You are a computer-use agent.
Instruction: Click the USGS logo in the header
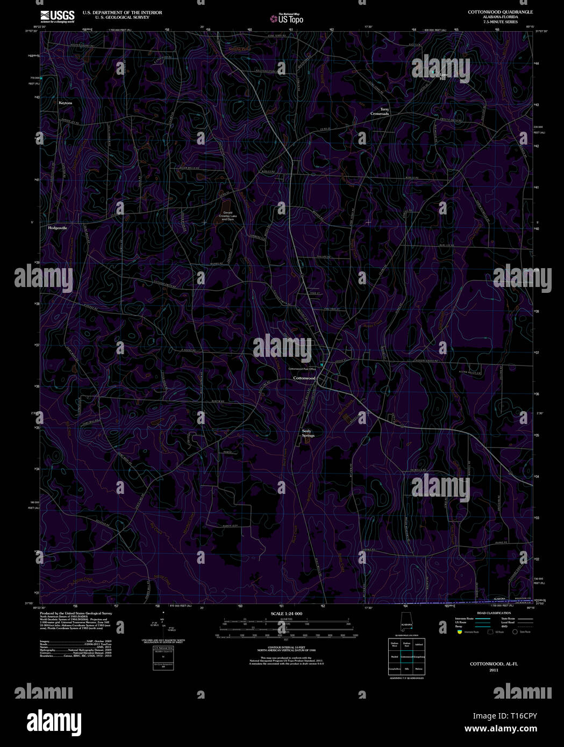(x=57, y=16)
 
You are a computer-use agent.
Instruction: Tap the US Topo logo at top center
(x=287, y=19)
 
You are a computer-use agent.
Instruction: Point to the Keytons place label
(x=65, y=103)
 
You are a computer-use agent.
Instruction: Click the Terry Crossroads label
(x=380, y=112)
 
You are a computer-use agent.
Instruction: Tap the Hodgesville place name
(x=58, y=228)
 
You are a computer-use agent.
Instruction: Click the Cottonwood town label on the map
(x=304, y=378)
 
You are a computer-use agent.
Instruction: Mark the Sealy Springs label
(x=307, y=433)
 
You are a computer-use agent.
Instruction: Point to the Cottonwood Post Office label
(x=302, y=369)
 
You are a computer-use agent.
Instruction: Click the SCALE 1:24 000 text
(x=286, y=613)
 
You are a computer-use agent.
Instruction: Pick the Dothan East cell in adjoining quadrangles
(x=406, y=644)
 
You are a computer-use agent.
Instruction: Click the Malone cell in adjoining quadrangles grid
(x=419, y=669)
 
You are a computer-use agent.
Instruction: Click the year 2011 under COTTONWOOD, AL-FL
(x=494, y=670)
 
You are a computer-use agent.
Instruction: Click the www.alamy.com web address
(x=501, y=729)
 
